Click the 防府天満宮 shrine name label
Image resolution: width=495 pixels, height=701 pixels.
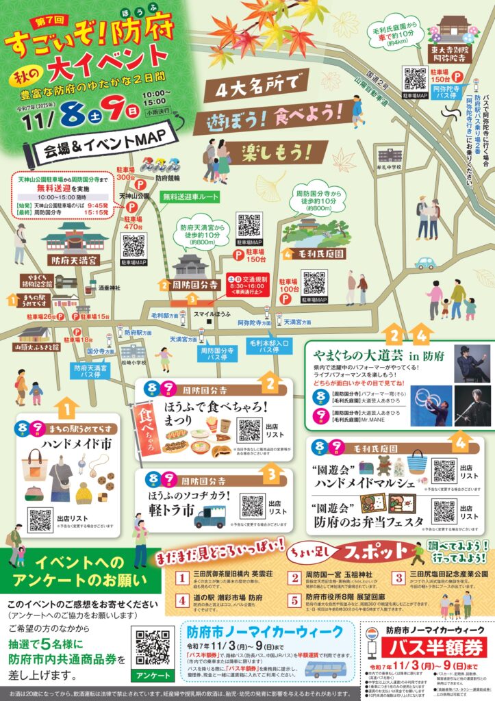click(75, 260)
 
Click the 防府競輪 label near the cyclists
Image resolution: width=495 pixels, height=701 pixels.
click(167, 177)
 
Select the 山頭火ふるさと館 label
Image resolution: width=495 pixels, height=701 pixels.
click(36, 347)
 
